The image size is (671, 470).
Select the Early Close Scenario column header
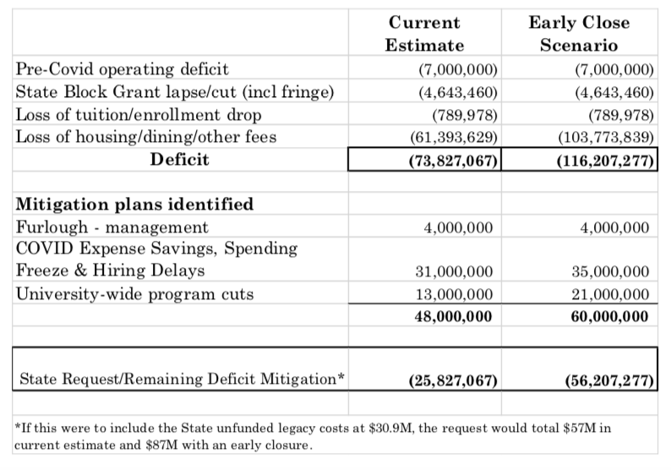pos(579,34)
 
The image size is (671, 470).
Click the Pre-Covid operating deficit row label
pos(123,69)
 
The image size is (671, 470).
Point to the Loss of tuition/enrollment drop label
pos(139,114)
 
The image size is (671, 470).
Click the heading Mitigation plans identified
pos(134,205)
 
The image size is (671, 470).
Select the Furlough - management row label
pos(112,227)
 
